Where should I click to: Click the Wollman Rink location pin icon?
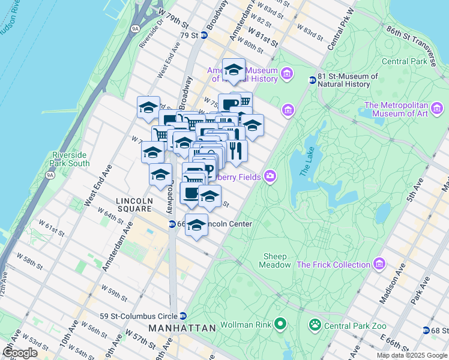pyautogui.click(x=280, y=325)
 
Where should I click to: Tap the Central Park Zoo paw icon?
pyautogui.click(x=314, y=325)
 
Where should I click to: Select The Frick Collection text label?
pyautogui.click(x=333, y=265)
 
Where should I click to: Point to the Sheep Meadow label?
pyautogui.click(x=276, y=260)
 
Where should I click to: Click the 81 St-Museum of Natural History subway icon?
pyautogui.click(x=312, y=80)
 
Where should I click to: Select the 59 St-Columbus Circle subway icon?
pyautogui.click(x=184, y=316)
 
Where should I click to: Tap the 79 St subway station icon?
pyautogui.click(x=204, y=35)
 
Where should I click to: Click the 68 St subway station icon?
pyautogui.click(x=426, y=330)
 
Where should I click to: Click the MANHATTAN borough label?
pyautogui.click(x=182, y=329)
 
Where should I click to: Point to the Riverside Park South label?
pyautogui.click(x=71, y=159)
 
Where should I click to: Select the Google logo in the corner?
pyautogui.click(x=20, y=352)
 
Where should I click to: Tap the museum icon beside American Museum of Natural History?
pyautogui.click(x=287, y=74)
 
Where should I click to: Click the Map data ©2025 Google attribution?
pyautogui.click(x=411, y=355)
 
